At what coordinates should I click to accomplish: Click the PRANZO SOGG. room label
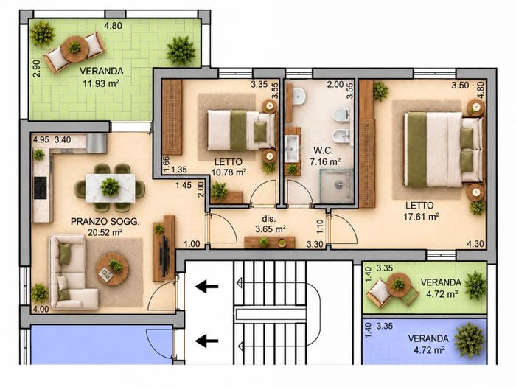pos(105,222)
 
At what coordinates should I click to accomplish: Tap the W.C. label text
pos(323,150)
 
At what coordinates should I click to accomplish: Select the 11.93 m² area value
pos(101,83)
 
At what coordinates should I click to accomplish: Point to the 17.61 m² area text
pos(421,217)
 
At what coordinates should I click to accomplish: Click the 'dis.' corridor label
pos(268,218)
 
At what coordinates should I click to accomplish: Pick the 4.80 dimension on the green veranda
pos(114,25)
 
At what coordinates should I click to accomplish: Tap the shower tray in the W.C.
pos(336,185)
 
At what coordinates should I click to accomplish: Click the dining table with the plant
pos(111,188)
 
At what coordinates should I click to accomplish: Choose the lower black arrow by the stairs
pos(206,341)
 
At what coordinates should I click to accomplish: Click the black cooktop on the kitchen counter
pos(40,188)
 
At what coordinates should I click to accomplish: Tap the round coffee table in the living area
pos(112,269)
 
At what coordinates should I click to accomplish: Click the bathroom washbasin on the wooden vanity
pos(292,149)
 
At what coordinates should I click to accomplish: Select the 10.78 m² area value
pos(229,172)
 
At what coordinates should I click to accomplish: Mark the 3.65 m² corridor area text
pos(271,229)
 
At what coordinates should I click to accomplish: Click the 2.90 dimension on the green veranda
pos(37,68)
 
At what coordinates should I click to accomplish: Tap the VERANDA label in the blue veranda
pos(428,338)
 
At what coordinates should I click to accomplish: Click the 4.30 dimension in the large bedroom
pos(475,244)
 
